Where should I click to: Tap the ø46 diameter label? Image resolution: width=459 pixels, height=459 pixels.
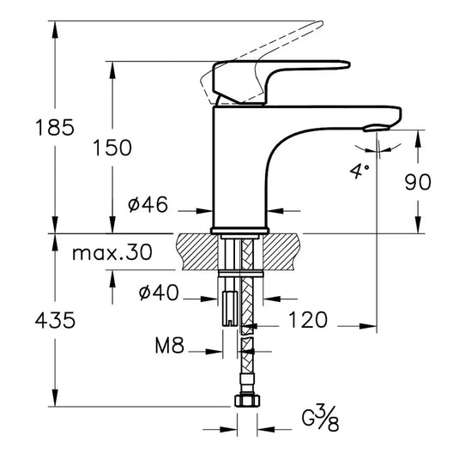(x=148, y=205)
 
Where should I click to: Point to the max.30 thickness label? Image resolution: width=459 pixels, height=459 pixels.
(x=112, y=253)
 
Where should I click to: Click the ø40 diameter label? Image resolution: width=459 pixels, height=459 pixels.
(x=159, y=293)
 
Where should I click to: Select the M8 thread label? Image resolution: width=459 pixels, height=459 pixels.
(x=171, y=347)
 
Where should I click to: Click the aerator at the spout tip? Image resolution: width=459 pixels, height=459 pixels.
(x=372, y=128)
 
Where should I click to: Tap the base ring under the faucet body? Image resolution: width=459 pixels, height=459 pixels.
(x=239, y=229)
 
